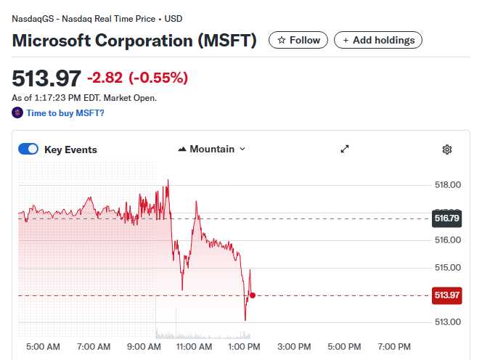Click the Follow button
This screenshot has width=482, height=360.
pos(298,40)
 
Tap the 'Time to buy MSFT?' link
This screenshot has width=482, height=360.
pos(65,113)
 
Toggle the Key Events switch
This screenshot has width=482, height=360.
pos(28,150)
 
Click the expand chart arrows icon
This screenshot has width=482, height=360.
pos(345,149)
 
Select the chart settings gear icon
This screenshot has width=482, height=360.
pos(447,150)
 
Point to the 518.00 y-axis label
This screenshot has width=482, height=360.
pos(448,185)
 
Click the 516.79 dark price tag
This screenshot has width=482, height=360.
pos(447,218)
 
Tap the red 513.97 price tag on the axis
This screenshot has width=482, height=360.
pos(447,295)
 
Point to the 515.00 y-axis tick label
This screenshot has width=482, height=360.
pos(448,267)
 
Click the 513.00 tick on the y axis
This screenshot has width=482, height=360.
pos(448,322)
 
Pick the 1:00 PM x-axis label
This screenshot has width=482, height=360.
pos(244,347)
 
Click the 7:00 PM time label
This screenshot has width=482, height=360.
pos(394,347)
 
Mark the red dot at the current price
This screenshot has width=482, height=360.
pos(252,295)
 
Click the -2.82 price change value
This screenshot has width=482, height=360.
pos(105,78)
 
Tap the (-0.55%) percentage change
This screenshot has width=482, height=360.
pos(158,78)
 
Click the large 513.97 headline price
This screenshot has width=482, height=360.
pos(46,78)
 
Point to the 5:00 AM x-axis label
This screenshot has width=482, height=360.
pos(43,347)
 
